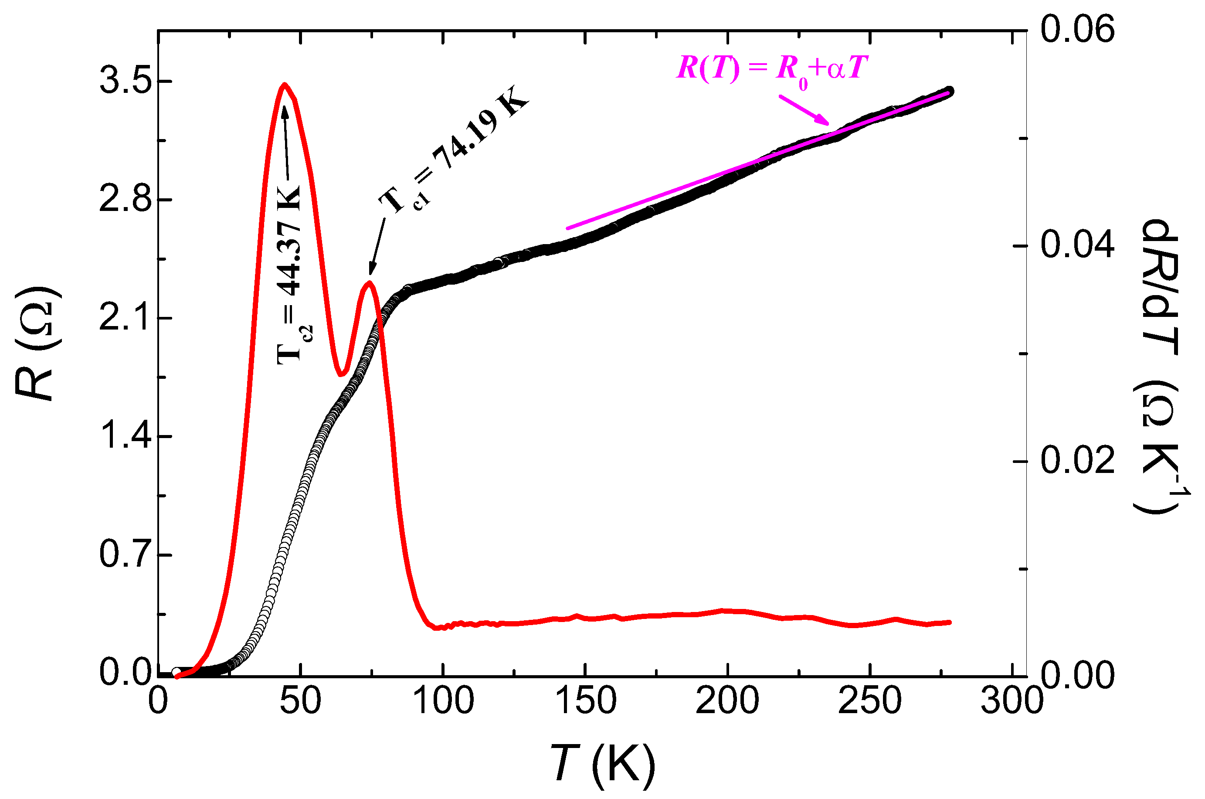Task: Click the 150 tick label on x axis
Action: (x=586, y=701)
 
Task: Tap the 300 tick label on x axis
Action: (x=1012, y=701)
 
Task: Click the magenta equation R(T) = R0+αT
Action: (x=771, y=69)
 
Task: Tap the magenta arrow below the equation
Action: (x=804, y=109)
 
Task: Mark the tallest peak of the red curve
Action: (x=285, y=85)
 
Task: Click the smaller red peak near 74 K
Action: (x=369, y=283)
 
